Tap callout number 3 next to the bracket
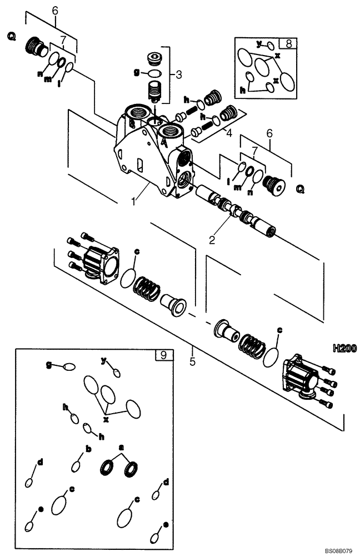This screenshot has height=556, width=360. pos(178,73)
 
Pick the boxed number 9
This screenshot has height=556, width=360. pos(162,355)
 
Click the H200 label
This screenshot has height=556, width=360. pos(344,349)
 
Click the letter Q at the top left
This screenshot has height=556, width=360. pos(11,37)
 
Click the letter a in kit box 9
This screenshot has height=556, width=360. pos(121,446)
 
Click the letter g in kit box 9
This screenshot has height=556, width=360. pos(49,365)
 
